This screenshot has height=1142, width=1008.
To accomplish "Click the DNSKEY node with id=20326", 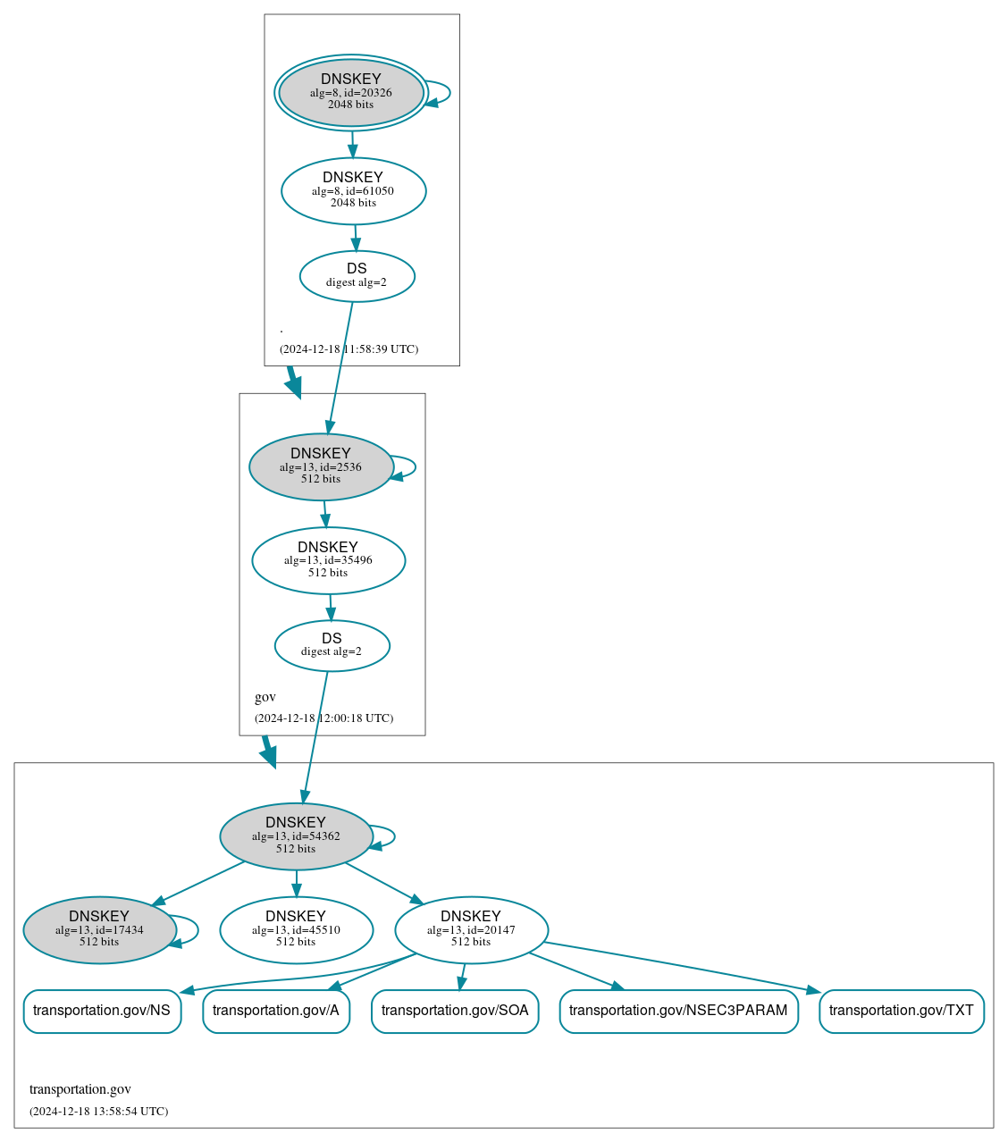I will point(351,93).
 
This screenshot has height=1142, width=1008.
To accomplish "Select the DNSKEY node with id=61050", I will point(353,190).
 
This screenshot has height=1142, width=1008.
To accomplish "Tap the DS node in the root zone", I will point(357,276).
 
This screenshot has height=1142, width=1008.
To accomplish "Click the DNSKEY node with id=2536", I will point(321,466).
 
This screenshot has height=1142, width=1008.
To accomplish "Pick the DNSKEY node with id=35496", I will point(328,560).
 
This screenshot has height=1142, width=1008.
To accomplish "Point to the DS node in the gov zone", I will point(332,645).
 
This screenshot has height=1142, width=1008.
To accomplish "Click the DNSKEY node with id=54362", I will point(296,836).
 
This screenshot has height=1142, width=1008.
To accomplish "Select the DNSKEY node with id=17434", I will point(99,930).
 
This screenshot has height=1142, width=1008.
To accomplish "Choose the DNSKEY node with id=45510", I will point(296,930).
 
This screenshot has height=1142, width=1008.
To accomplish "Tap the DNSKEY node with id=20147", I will point(471,930).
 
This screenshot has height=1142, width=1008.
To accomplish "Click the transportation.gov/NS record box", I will point(102,1011).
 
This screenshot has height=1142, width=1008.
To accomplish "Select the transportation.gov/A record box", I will point(276,1011).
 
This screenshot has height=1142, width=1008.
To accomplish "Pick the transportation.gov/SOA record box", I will point(455,1011).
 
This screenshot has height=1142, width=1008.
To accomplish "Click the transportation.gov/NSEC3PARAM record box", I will point(678,1011).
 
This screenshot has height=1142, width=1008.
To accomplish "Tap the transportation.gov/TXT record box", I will point(901,1011).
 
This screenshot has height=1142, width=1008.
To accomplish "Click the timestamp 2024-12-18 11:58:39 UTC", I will point(349,349).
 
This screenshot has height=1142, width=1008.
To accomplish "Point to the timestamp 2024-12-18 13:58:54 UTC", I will point(98,1112).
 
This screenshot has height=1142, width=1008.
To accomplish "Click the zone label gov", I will point(265,697).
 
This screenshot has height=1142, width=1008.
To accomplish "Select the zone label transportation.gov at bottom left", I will point(80,1089).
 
